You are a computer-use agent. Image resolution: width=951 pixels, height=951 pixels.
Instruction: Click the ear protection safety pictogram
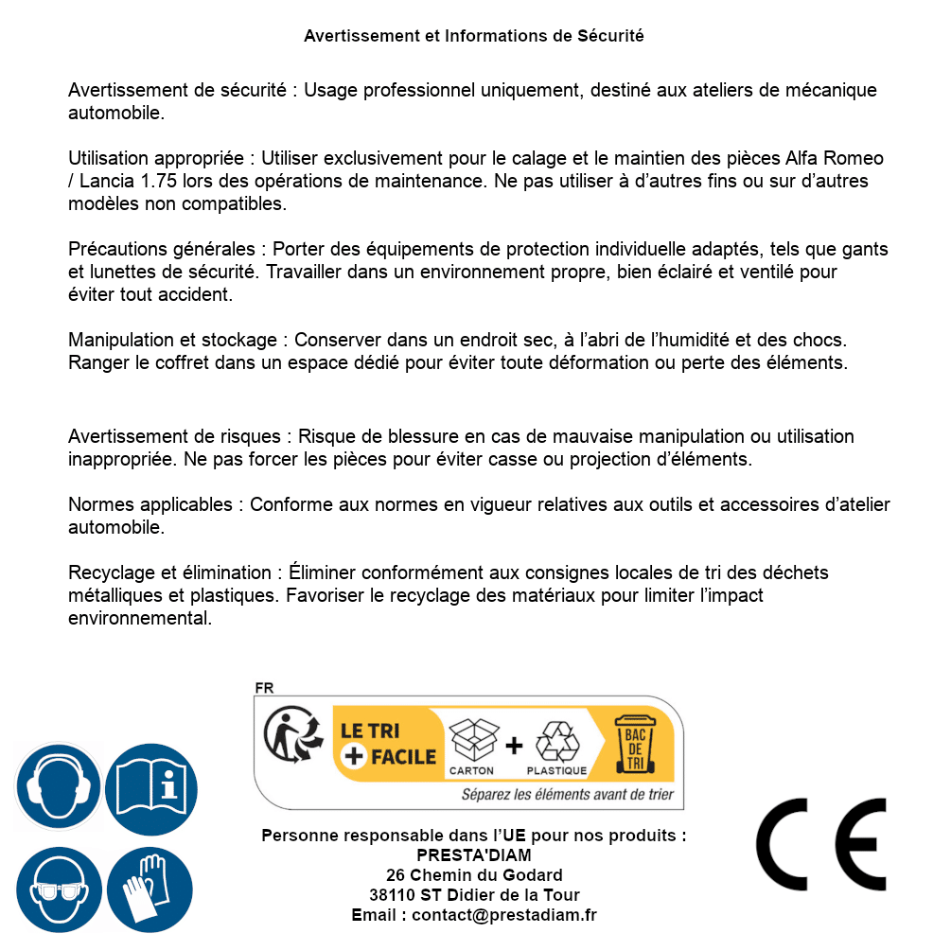coord(59,787)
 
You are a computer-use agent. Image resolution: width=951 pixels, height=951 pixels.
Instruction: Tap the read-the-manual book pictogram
coord(150,787)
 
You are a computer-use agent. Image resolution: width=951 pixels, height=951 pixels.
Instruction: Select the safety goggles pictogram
coord(59,890)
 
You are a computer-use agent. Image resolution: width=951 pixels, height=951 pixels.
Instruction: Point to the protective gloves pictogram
coord(150,890)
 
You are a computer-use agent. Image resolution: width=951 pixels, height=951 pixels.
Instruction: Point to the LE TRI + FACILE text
coord(388,744)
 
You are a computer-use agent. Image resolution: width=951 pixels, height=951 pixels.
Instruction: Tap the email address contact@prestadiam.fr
coord(504,915)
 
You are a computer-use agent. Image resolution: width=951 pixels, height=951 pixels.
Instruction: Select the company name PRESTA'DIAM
coord(474,855)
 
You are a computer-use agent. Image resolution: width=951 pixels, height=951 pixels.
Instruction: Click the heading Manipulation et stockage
coord(176,339)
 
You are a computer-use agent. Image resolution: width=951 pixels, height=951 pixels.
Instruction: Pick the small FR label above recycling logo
coord(264,688)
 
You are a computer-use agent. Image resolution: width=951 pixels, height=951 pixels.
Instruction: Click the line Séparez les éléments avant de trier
coord(567,794)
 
